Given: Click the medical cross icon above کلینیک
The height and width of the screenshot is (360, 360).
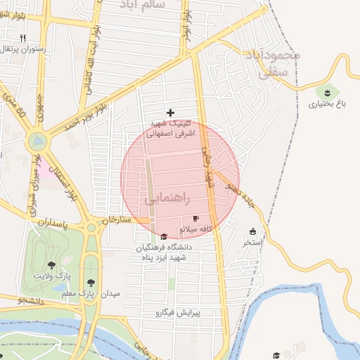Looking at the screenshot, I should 170,112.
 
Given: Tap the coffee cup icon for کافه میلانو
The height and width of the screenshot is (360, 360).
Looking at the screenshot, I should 195,219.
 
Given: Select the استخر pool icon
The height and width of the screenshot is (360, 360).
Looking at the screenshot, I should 253,231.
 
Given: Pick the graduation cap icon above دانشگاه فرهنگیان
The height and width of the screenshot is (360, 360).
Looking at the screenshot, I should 164,237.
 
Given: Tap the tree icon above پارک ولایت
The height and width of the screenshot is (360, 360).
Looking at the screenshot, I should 51,265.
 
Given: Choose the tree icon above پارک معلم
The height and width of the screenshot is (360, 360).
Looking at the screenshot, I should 89,279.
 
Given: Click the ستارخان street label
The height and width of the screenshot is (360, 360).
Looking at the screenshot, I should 117,220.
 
